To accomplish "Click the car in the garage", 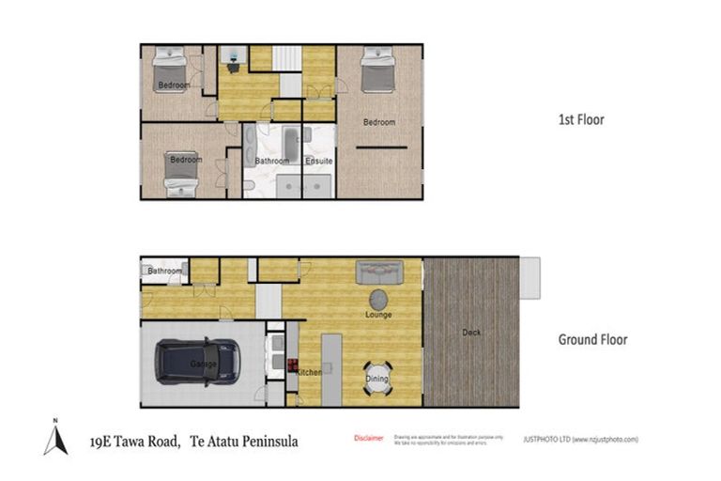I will [x=197, y=362].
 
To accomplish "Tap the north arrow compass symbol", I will [x=55, y=438].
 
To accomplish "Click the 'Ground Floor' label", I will [x=592, y=340].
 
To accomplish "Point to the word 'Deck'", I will [x=472, y=333].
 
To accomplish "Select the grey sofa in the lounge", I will [x=378, y=272].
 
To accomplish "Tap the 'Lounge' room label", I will [x=378, y=314].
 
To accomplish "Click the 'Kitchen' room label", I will [x=309, y=372].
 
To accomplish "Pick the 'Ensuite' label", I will [x=319, y=161].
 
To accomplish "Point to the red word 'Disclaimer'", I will [x=369, y=439].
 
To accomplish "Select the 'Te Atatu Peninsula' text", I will [x=244, y=440].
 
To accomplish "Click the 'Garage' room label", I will [x=204, y=364].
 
